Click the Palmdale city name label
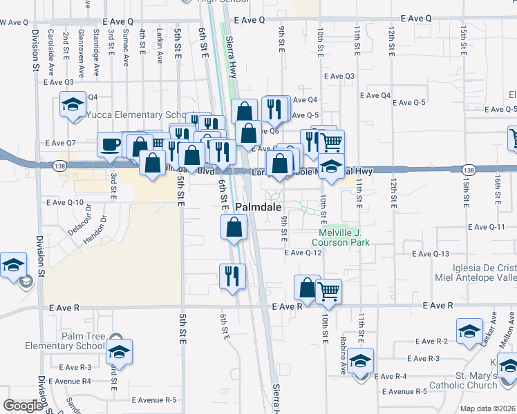258,207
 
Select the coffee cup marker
110,145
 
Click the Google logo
23,406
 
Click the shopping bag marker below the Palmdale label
234,227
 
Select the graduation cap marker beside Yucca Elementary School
72,106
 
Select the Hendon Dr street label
97,233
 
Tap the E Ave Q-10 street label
64,202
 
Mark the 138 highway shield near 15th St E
469,170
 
